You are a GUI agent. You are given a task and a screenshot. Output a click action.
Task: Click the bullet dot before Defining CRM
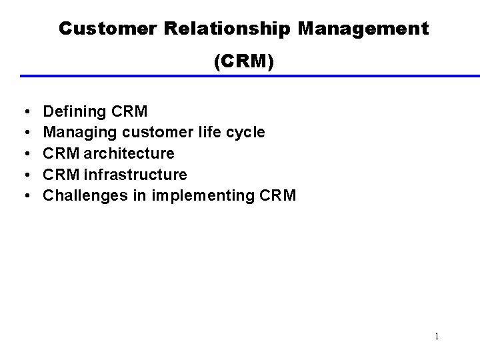[24, 111]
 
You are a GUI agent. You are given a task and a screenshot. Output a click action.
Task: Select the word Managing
[74, 133]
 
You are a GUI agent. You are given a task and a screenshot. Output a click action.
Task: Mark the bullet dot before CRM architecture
[24, 154]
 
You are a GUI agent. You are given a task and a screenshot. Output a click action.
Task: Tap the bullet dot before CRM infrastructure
[24, 175]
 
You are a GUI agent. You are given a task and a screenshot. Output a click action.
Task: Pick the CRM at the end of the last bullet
[277, 197]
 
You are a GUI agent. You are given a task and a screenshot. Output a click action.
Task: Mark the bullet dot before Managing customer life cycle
[24, 133]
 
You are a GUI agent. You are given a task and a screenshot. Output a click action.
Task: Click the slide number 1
[437, 337]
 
